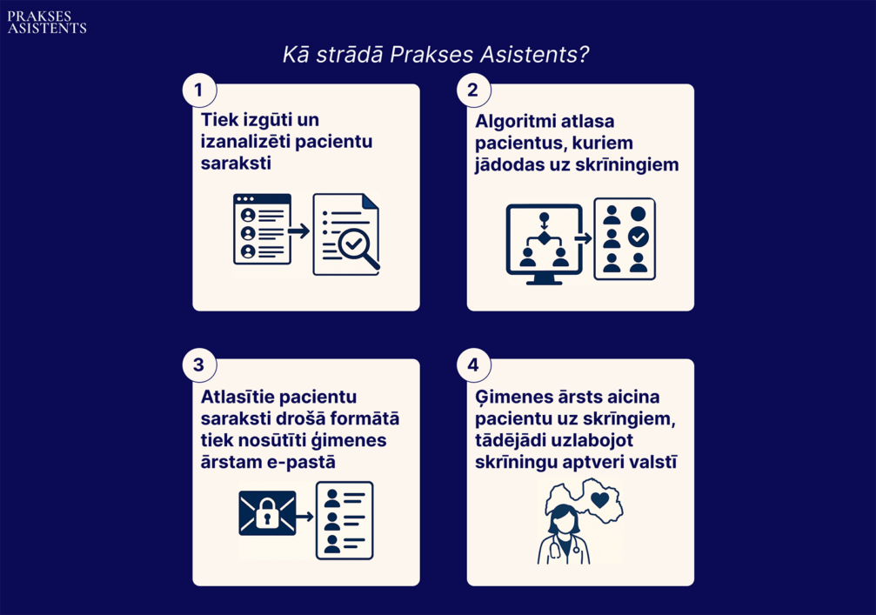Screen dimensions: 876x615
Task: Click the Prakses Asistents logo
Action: point(47,23)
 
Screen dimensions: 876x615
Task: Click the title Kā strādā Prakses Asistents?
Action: point(436,54)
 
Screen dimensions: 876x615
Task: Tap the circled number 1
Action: point(199,90)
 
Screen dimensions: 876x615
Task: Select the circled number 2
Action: point(473,90)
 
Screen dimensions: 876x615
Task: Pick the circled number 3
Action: point(199,364)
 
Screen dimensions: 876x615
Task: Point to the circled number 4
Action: point(473,364)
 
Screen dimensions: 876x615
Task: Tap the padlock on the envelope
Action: point(267,512)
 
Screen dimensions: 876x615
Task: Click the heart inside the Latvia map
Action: point(599,500)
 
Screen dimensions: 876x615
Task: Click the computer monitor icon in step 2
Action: point(545,244)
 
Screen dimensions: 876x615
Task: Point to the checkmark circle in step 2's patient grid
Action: point(638,237)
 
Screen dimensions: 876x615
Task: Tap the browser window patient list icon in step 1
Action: point(262,229)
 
